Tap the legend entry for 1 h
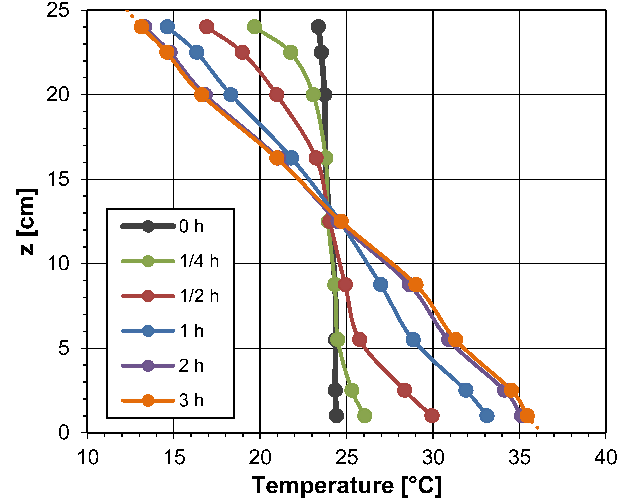[x=162, y=331]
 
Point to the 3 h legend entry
[x=162, y=400]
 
